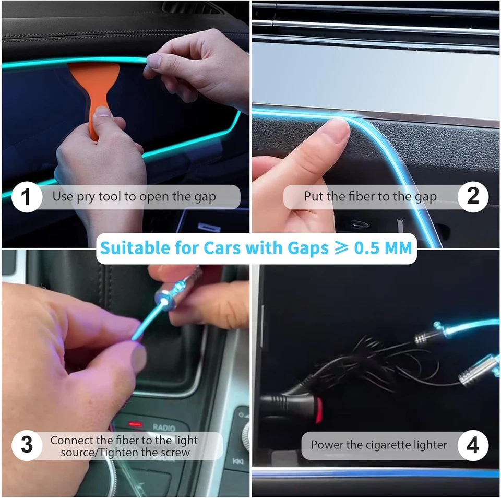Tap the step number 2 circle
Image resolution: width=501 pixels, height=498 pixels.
tap(473, 197)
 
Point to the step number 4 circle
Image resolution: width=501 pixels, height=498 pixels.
tap(473, 445)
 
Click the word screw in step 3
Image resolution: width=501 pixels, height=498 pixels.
tap(176, 452)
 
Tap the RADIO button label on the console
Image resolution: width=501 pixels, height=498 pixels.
tap(164, 428)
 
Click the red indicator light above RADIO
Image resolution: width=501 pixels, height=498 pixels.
tap(136, 423)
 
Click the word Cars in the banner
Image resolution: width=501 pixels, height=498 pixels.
tap(199, 247)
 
